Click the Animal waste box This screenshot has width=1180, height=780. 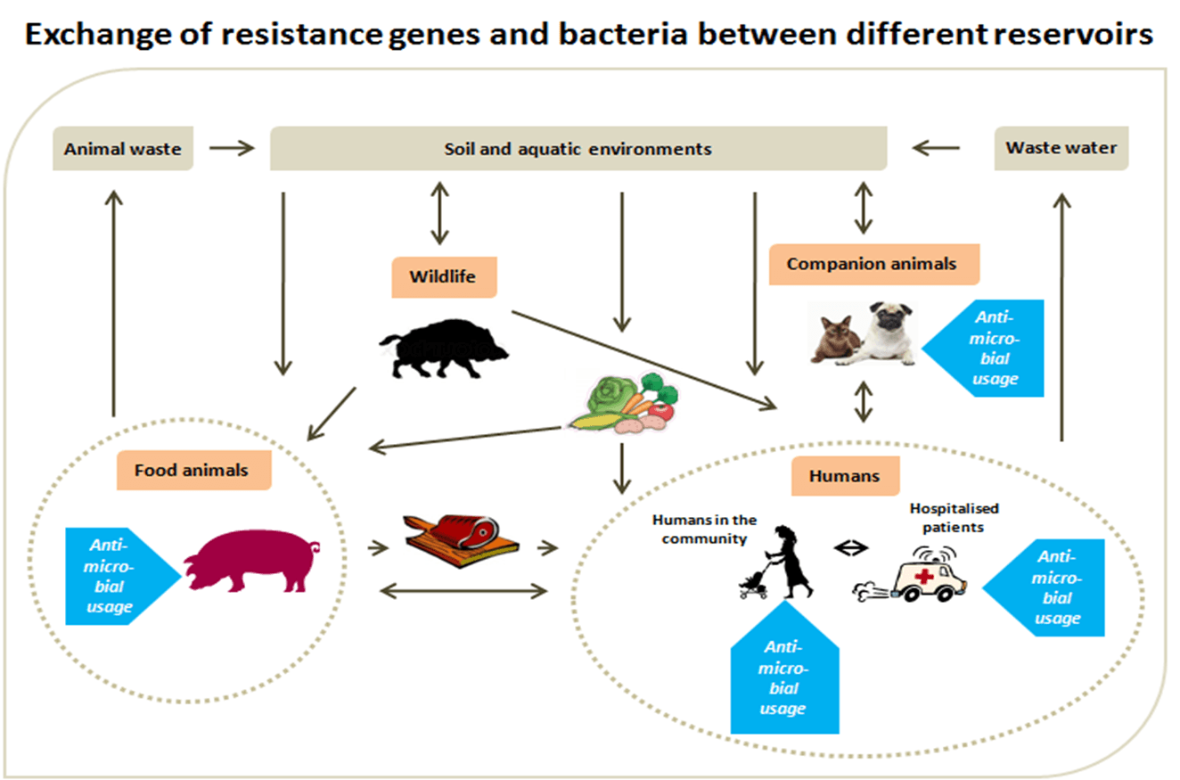tap(122, 149)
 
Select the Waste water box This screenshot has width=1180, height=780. tap(1061, 148)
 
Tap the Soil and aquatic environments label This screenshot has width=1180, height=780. tap(578, 149)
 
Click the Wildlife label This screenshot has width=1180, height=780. tap(443, 276)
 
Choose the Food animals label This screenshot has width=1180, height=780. tap(192, 469)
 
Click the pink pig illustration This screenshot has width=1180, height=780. tap(250, 560)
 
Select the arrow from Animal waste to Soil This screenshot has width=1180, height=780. tap(231, 148)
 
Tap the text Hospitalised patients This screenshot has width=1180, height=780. tap(954, 516)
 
